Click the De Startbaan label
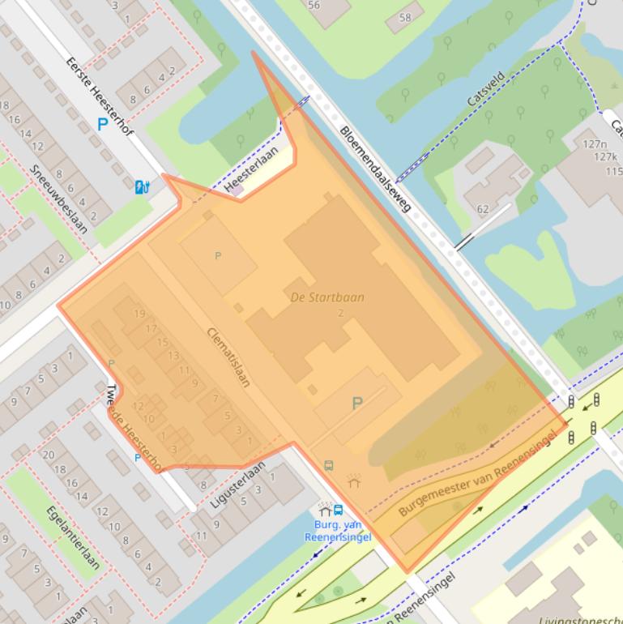[327, 297]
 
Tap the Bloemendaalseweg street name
[375, 169]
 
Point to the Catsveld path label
[485, 90]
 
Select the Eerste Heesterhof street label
[100, 96]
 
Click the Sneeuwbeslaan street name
[58, 199]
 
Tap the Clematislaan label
[228, 357]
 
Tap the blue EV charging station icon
[142, 187]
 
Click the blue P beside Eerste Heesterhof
[102, 125]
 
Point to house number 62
[483, 209]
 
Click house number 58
[405, 17]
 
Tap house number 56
[314, 5]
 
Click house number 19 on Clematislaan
[139, 314]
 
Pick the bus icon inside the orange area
[329, 465]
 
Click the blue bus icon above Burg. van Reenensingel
[338, 511]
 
